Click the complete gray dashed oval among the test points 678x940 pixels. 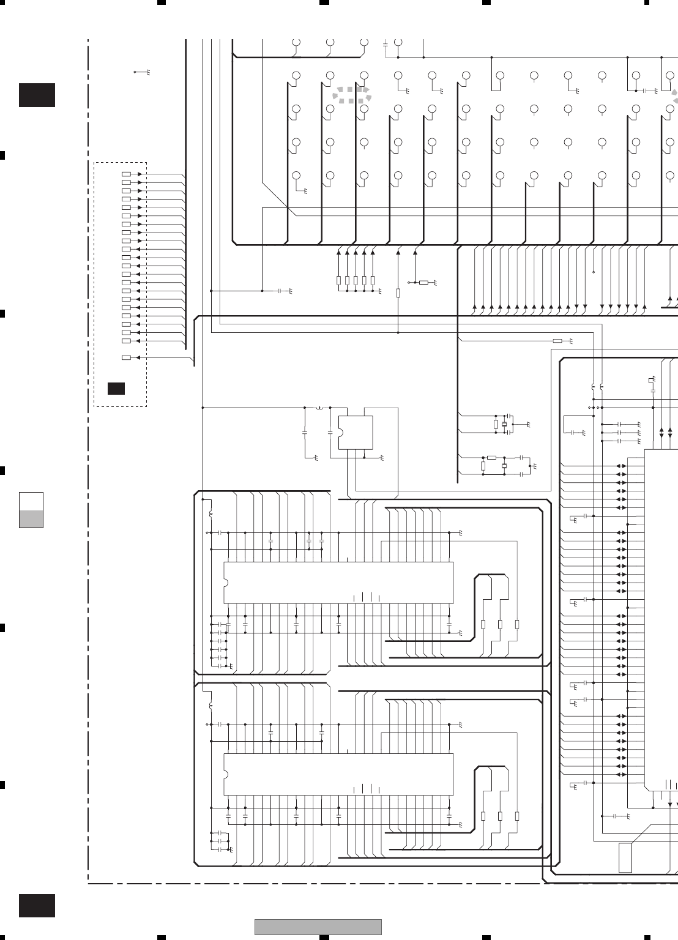[x=352, y=95]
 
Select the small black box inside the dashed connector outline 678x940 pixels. [x=116, y=388]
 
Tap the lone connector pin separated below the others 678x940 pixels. [x=127, y=357]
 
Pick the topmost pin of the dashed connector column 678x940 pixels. [x=127, y=174]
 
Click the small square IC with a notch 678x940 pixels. [x=356, y=433]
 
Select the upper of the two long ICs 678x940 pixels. [x=338, y=582]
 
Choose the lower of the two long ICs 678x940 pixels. [x=338, y=774]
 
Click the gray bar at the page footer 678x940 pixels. [x=318, y=927]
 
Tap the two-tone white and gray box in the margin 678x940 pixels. [x=31, y=509]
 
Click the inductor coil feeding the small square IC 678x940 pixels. [x=319, y=407]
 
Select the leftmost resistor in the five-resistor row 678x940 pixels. [x=339, y=280]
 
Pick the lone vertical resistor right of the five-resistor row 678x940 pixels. [x=398, y=293]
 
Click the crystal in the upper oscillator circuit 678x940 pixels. [x=504, y=424]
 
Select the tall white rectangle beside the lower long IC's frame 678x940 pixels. [x=625, y=857]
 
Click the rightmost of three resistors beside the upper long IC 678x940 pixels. [x=517, y=624]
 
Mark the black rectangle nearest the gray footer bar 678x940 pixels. [x=37, y=906]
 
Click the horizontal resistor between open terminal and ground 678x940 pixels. [x=423, y=283]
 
